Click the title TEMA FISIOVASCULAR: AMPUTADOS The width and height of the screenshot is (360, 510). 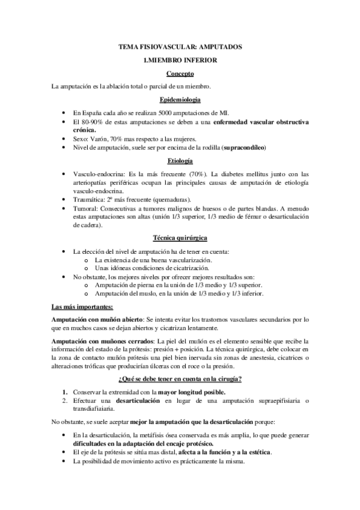[x=180, y=46]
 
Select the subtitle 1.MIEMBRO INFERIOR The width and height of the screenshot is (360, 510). [x=180, y=60]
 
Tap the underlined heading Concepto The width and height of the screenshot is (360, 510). [x=180, y=73]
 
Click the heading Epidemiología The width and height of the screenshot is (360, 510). [x=180, y=99]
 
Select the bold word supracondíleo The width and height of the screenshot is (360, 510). [x=243, y=147]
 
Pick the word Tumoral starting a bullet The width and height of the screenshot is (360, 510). [x=85, y=208]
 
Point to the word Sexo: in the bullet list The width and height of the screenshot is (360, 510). [x=80, y=138]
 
